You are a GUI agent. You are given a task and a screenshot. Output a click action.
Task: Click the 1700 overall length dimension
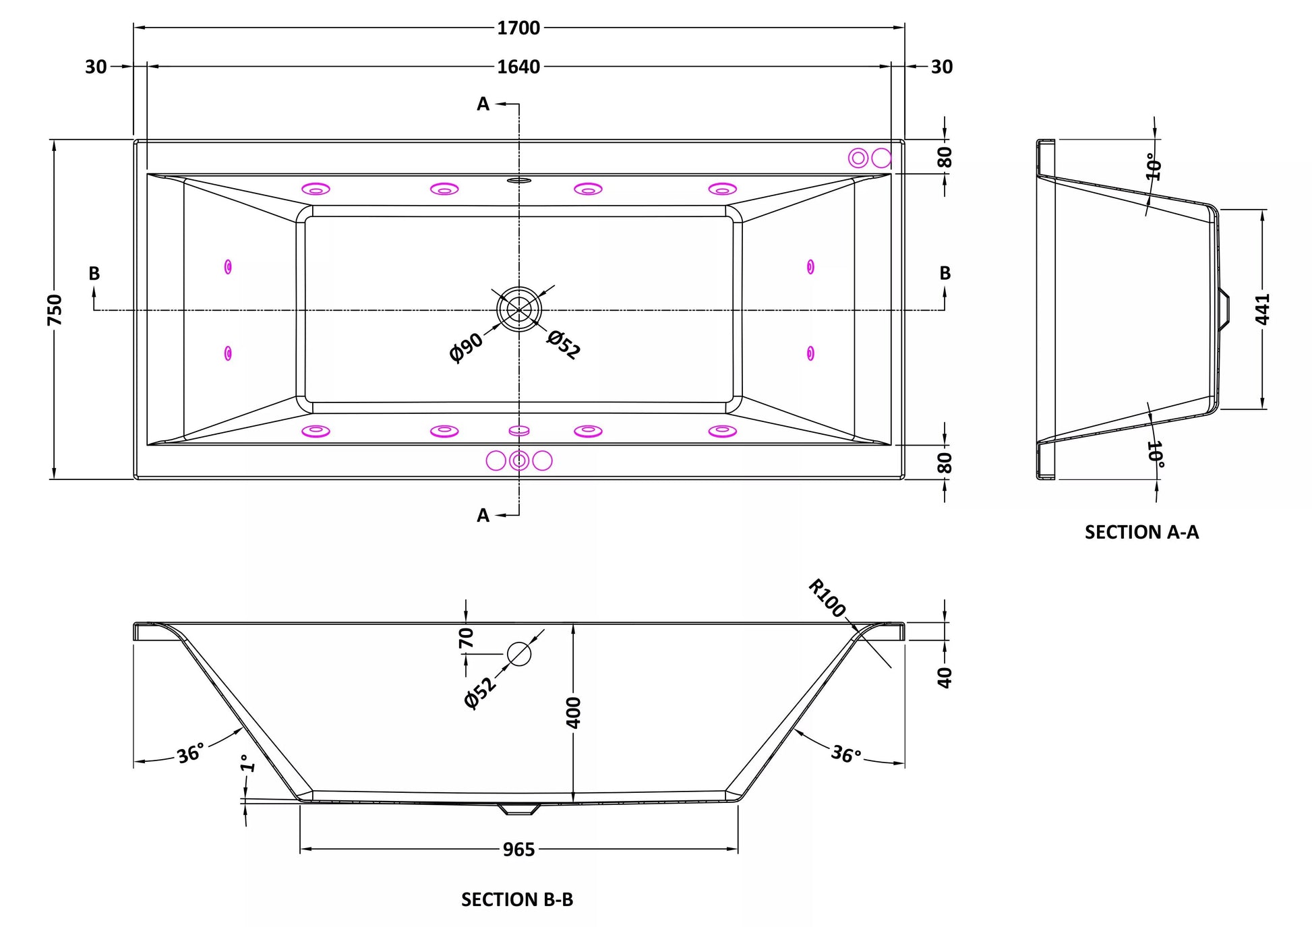point(518,28)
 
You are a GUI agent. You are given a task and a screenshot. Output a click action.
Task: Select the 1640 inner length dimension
point(518,67)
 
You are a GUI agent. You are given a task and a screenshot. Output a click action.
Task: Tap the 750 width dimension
point(55,309)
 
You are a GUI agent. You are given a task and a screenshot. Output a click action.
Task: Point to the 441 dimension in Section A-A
point(1263,309)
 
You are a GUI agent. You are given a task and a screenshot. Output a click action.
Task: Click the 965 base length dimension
point(518,849)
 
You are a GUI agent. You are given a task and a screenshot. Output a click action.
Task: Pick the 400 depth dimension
point(573,713)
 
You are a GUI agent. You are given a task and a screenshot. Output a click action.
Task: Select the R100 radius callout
point(827,598)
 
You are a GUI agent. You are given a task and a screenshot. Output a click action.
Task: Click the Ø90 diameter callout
point(466,347)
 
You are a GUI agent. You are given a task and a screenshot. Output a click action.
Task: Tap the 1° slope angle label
point(247,763)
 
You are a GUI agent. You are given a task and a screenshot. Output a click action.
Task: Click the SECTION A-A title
point(1141,532)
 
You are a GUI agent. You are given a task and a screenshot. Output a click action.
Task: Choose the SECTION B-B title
point(517,899)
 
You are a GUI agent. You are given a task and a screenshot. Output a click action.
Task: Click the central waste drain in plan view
point(519,309)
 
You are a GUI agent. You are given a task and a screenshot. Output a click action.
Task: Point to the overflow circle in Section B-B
point(519,654)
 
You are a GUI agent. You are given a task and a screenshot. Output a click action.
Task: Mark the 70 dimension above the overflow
point(466,638)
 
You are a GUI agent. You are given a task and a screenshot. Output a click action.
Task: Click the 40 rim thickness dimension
point(945,678)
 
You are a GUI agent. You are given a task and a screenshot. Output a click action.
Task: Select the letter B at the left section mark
point(94,273)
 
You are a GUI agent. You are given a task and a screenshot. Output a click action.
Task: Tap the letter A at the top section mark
point(483,104)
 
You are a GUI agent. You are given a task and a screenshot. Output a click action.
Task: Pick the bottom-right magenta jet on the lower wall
point(722,431)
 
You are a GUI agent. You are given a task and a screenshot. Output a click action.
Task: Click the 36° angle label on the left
point(191,753)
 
